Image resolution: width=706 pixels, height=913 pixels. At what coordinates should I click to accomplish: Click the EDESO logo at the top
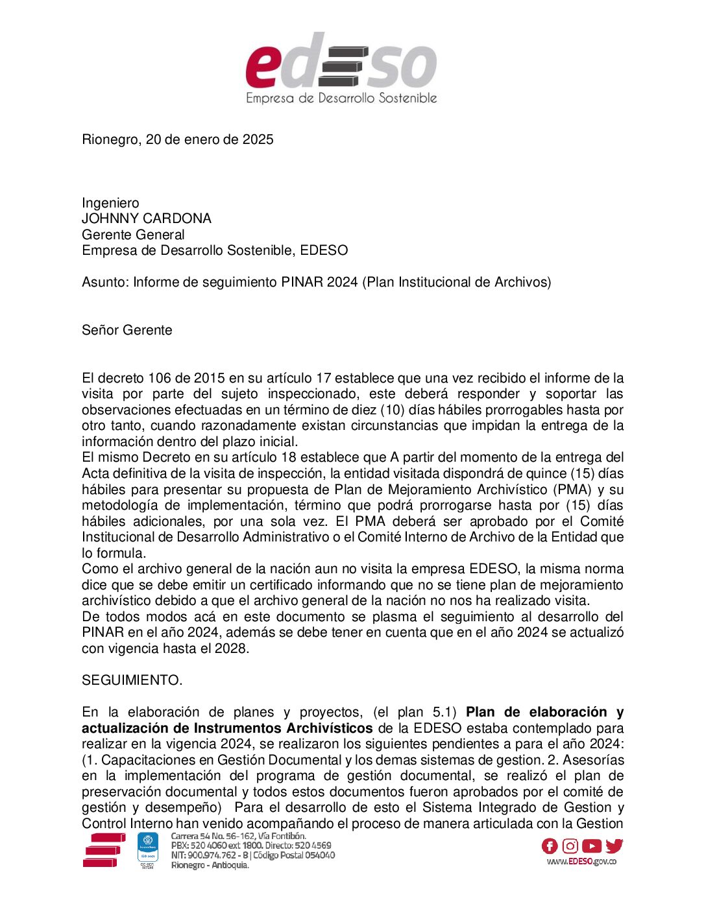click(x=341, y=69)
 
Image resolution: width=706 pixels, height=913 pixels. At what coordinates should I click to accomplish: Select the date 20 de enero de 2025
click(x=210, y=139)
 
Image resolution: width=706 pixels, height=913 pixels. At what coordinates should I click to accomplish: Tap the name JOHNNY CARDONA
click(x=147, y=219)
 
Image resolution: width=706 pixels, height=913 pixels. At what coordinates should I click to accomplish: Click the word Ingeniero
click(x=110, y=203)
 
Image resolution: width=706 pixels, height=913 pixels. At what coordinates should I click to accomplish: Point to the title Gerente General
click(x=133, y=235)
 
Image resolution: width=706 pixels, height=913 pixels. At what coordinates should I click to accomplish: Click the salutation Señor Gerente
click(x=127, y=330)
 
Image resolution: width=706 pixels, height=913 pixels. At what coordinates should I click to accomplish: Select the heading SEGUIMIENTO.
click(x=132, y=680)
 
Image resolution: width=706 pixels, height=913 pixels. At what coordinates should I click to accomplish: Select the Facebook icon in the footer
click(x=550, y=846)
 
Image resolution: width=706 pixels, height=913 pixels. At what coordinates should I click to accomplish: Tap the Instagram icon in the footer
click(x=570, y=846)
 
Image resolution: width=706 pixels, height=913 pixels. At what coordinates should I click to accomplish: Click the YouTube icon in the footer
click(x=592, y=846)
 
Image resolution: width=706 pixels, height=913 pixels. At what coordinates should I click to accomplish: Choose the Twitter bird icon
click(x=614, y=846)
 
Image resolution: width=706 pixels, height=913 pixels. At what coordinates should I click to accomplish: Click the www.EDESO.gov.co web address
click(x=581, y=862)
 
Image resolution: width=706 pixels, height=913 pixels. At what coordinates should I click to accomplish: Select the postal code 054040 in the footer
click(x=320, y=855)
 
